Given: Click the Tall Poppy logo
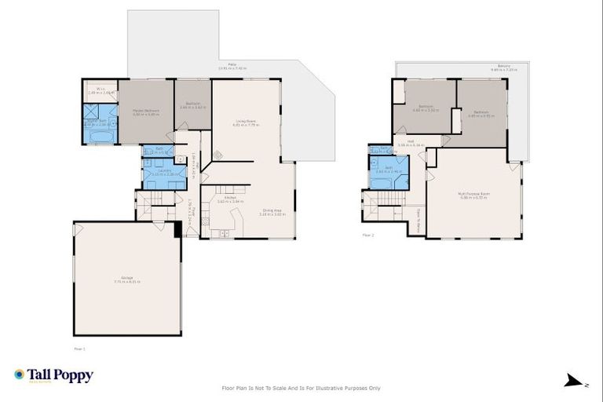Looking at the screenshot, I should (53, 375).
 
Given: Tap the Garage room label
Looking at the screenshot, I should (127, 280).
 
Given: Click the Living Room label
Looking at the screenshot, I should (246, 122).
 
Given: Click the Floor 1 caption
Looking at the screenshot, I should (79, 347).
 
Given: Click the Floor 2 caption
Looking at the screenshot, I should (368, 235).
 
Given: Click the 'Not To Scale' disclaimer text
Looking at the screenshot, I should (301, 387).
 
